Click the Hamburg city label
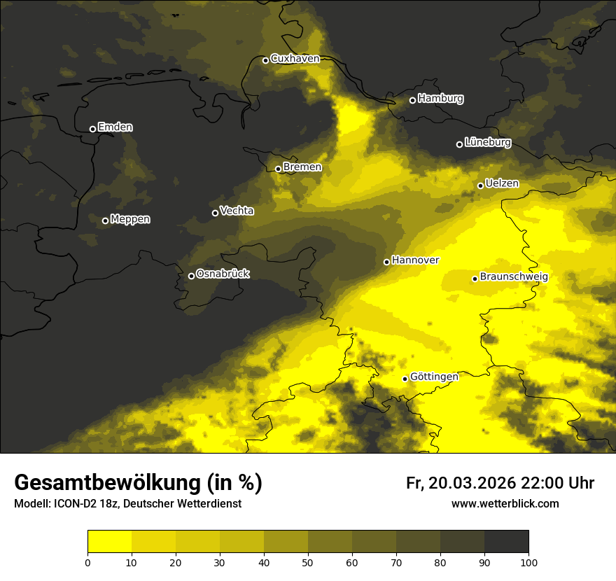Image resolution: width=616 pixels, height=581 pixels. (x=440, y=99)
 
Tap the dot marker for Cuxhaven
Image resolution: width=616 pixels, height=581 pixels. (x=265, y=60)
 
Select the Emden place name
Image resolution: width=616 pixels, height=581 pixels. (x=115, y=127)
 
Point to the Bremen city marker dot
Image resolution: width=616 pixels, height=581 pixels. (x=278, y=169)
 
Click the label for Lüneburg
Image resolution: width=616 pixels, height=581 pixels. (x=487, y=142)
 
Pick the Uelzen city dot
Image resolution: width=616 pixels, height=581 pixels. (x=480, y=185)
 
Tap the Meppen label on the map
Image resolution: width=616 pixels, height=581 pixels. (x=130, y=219)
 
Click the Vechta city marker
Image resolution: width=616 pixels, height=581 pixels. (x=215, y=213)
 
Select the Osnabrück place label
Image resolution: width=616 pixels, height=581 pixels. (x=223, y=274)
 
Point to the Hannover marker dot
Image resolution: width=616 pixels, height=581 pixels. (x=386, y=262)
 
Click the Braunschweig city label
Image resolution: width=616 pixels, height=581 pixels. (x=514, y=276)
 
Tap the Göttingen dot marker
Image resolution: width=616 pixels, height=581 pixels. (x=405, y=379)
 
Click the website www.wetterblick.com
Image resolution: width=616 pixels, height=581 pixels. (x=505, y=503)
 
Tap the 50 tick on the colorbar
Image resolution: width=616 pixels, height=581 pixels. (x=308, y=562)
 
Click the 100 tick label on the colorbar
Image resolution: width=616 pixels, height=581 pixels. (x=528, y=562)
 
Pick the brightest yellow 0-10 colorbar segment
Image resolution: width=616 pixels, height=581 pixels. (x=109, y=542)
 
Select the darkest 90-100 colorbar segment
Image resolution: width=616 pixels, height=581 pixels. (x=506, y=542)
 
